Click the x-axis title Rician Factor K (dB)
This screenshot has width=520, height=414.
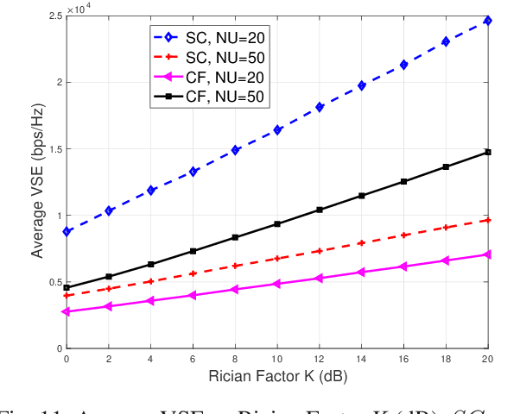pos(276,377)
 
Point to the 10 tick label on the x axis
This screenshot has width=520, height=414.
pos(276,359)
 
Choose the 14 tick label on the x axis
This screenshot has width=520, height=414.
pos(361,359)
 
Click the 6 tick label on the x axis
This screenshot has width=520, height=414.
pos(193,359)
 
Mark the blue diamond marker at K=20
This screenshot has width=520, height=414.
pos(487,21)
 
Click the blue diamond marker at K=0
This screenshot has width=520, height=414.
pos(67,231)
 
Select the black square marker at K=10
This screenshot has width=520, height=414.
pos(276,224)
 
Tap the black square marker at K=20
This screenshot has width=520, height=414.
pos(487,152)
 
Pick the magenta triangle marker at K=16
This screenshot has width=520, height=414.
pos(403,267)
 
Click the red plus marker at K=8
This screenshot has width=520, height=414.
pos(235,266)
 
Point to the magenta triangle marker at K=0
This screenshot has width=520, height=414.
pos(67,311)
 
